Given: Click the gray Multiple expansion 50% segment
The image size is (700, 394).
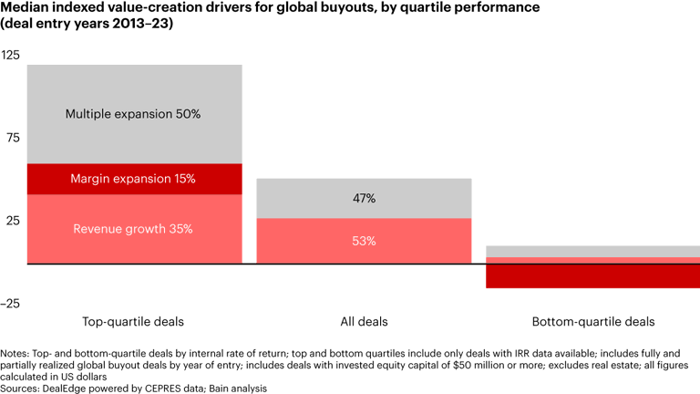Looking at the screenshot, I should pos(134,114).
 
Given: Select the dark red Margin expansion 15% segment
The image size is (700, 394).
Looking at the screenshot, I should pos(134,179).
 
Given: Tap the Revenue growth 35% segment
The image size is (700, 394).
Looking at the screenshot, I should pos(134,229).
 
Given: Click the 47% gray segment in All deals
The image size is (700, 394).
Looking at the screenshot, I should pos(364,198).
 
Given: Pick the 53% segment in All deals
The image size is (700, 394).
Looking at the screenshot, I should pos(364,241).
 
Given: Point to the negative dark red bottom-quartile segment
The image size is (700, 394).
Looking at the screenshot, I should pos(592,275).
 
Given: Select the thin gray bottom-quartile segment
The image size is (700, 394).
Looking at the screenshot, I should pos(592,251).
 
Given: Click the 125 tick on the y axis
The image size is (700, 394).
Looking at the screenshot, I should pos(11,55).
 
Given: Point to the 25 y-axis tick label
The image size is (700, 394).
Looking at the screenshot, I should pos(11,221).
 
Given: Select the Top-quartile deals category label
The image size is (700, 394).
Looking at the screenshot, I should pos(133,322).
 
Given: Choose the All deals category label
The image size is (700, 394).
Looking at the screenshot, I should pos(364,322).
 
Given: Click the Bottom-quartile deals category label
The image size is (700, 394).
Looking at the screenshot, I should pos(592,322).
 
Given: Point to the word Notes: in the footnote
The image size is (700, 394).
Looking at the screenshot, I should pos(15,353).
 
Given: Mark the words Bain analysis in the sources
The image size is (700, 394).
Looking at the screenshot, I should pos(243,388).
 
